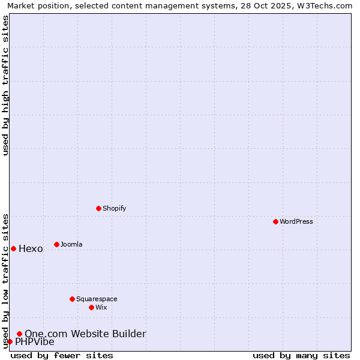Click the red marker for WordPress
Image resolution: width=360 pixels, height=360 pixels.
(275, 221)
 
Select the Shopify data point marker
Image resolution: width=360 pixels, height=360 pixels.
(98, 208)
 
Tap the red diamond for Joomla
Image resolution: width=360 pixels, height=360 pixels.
(56, 244)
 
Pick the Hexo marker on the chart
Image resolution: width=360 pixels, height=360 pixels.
(13, 248)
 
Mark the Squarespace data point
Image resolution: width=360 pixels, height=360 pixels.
(72, 299)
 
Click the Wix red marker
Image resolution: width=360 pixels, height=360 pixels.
(91, 307)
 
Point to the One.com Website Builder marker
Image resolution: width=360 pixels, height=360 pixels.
(19, 334)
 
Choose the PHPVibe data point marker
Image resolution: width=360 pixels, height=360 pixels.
(10, 341)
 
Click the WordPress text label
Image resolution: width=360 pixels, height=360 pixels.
(296, 221)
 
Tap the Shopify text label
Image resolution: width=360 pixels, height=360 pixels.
(114, 208)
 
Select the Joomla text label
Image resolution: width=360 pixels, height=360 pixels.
(71, 244)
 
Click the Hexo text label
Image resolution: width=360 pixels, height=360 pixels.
(31, 249)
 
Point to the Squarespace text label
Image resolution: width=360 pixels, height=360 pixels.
(97, 299)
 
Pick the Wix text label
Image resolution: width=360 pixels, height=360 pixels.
(101, 307)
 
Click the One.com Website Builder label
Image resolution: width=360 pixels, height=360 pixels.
(85, 334)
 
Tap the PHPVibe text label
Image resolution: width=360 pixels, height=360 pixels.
(34, 342)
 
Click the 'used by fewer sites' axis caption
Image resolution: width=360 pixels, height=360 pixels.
(62, 355)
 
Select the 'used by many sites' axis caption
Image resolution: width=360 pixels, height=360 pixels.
(301, 355)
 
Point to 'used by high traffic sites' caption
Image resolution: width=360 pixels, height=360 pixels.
(6, 85)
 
